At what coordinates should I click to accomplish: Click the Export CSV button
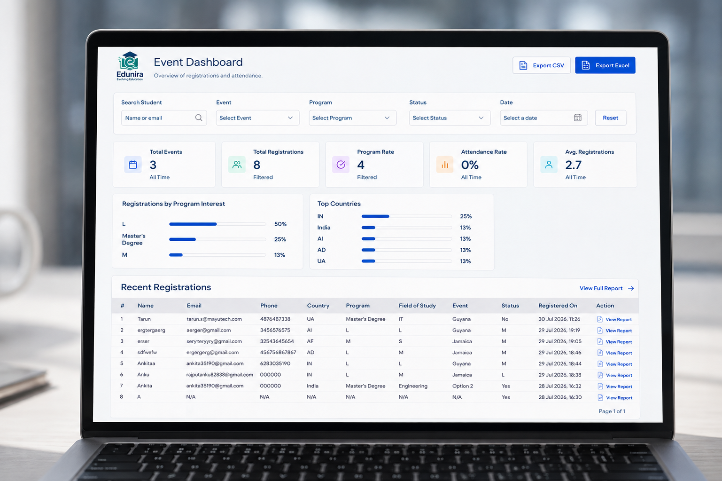pos(542,65)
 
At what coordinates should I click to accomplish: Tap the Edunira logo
pos(130,66)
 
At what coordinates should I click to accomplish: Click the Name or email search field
pos(164,118)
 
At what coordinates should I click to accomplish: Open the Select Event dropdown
pos(257,118)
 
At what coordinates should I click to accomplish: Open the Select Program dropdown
pos(353,118)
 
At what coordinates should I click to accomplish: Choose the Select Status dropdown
pos(450,118)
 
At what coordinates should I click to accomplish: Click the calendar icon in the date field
pos(578,118)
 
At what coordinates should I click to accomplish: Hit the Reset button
pos(611,118)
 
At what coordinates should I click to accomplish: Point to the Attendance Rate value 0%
pos(470,165)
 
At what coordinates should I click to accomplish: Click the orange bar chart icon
pos(445,165)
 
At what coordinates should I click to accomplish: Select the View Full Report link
pos(606,288)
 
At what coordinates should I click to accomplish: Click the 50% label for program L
pos(280,224)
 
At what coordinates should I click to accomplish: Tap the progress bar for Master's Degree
pos(217,239)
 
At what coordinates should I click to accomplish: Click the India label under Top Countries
pos(324,228)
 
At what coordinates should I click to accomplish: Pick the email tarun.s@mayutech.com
pos(214,319)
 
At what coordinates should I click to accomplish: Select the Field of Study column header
pos(417,306)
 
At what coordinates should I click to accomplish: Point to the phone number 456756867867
pos(278,352)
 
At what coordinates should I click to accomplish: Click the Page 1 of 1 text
pos(612,411)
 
